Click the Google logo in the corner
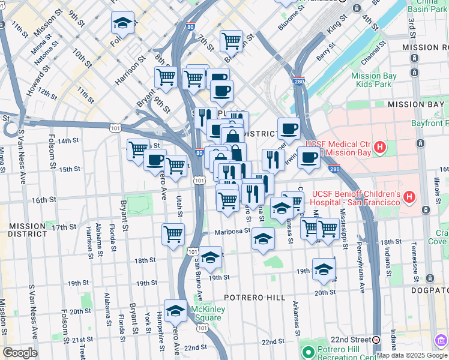click(x=20, y=353)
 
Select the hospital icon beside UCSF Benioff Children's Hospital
click(x=409, y=196)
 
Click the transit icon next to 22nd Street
click(x=376, y=340)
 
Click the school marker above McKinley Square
click(x=175, y=311)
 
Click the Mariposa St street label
click(x=232, y=231)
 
